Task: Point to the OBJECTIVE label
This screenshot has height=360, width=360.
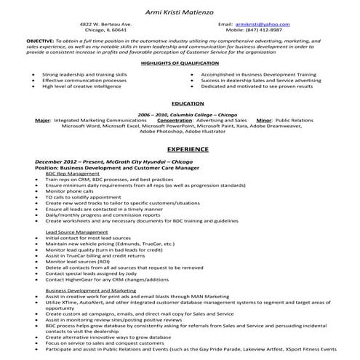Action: click(x=39, y=42)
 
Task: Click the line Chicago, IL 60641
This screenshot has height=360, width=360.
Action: click(x=105, y=31)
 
